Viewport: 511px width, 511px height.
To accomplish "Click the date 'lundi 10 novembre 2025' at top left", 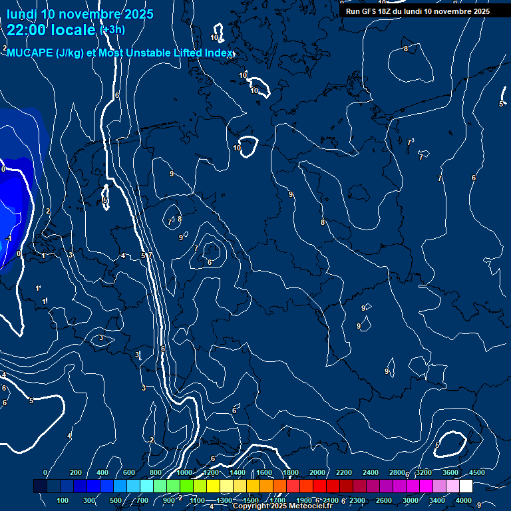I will tap(80, 14).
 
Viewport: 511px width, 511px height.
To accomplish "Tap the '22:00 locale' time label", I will tap(51, 30).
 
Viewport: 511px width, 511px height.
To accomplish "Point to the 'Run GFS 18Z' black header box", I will tap(417, 11).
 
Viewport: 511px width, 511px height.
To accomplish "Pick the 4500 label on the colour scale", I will tap(476, 472).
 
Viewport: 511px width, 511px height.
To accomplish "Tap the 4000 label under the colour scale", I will tap(464, 500).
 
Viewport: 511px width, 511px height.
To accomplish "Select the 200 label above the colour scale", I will tap(75, 472).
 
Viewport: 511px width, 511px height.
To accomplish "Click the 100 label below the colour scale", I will tap(63, 500).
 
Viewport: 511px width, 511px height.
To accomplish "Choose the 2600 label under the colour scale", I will tap(384, 500).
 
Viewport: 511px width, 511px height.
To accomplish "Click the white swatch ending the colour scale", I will tap(466, 486).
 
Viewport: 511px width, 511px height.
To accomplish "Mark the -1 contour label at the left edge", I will tap(9, 238).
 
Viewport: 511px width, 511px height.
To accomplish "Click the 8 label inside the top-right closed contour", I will tap(406, 49).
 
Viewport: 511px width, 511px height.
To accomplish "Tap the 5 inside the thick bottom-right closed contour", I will tap(437, 445).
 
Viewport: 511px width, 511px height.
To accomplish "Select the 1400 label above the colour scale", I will tap(237, 472).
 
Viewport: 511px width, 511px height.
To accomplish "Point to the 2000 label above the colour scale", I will tap(317, 472).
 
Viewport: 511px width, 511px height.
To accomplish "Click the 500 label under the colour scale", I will tap(116, 500).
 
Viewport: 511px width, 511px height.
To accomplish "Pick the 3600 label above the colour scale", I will tap(450, 472).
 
